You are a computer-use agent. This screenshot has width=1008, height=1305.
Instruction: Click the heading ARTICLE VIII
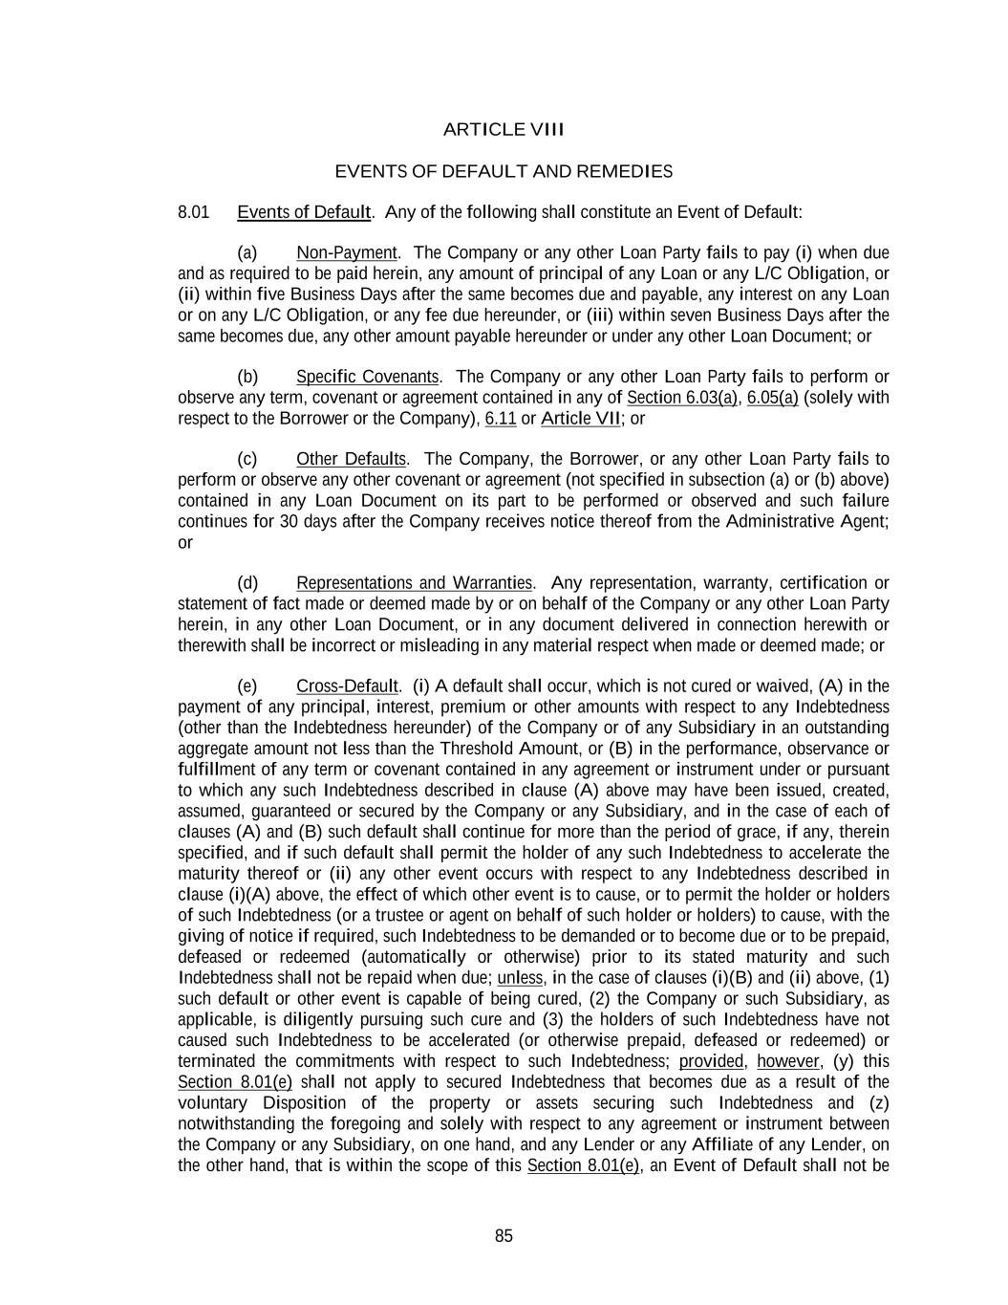(x=504, y=129)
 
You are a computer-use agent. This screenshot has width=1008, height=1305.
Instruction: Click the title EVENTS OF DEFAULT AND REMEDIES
(x=504, y=172)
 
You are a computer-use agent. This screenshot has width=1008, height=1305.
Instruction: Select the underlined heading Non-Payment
(x=346, y=253)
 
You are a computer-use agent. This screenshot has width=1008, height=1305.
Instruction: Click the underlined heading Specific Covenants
(x=367, y=377)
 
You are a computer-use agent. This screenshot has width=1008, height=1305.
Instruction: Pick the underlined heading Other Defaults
(x=351, y=460)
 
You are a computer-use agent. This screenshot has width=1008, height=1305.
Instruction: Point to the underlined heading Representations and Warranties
(x=414, y=583)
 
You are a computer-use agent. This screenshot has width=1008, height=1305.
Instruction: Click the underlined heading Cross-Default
(x=346, y=686)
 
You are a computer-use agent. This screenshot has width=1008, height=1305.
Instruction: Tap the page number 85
(x=504, y=1236)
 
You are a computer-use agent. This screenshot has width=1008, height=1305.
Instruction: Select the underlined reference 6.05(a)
(x=772, y=398)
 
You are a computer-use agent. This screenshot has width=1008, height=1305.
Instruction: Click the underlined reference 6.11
(x=501, y=419)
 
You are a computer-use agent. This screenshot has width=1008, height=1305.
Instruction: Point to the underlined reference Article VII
(x=581, y=419)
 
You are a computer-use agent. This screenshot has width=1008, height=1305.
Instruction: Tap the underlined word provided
(x=711, y=1061)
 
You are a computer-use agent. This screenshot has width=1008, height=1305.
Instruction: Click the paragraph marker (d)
(x=247, y=583)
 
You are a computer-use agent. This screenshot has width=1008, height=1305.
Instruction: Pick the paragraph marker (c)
(x=247, y=460)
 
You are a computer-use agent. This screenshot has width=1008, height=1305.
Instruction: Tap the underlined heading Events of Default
(x=304, y=212)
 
